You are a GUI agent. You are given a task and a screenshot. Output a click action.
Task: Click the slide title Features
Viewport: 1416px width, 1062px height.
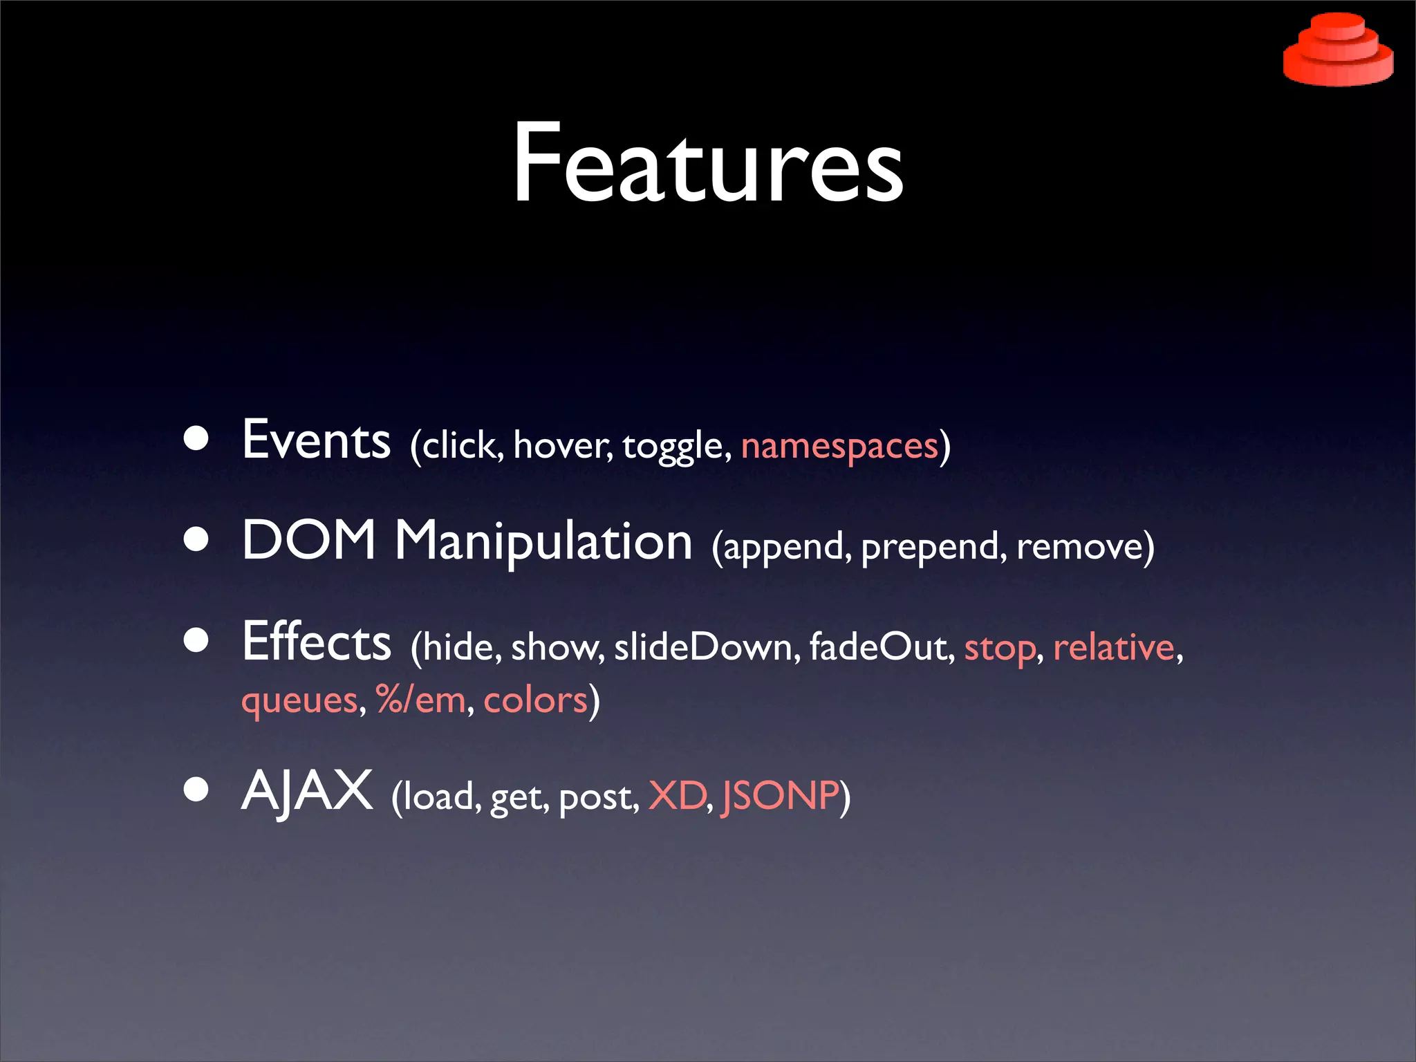coord(707,165)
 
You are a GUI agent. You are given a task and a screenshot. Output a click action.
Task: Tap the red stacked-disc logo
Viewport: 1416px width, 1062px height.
coord(1338,50)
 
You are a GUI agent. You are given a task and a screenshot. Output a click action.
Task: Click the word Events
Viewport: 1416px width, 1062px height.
coord(316,440)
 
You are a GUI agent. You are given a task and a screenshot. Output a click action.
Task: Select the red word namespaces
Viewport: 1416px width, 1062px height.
coord(839,446)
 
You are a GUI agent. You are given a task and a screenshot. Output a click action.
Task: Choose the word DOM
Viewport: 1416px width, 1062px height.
coord(308,540)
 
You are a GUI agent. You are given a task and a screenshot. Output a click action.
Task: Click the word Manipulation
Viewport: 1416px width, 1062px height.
coord(543,541)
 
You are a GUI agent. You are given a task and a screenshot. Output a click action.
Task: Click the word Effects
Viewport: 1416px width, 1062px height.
coord(317,642)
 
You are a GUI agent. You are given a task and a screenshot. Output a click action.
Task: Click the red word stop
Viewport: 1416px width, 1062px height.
coord(1000,649)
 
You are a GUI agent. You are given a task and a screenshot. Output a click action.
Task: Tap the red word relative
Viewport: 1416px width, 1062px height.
coord(1114,647)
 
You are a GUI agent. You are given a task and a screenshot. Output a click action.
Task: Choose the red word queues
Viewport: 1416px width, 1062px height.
coord(299,701)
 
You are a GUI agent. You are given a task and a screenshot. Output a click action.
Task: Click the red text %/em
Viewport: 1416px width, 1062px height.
coord(421,700)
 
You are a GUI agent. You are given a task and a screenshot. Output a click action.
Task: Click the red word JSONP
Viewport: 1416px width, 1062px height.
coord(779,796)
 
